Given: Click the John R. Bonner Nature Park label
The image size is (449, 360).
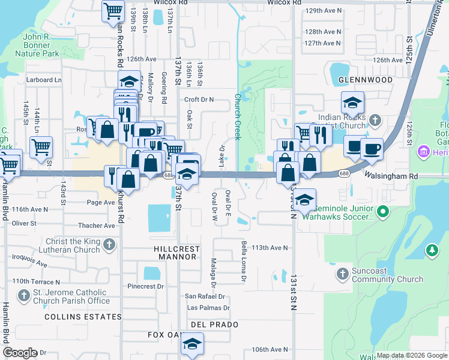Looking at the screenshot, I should click(41, 45).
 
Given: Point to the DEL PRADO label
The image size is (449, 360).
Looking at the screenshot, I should click(214, 325).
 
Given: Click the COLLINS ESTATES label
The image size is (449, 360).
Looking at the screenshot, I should click(83, 316).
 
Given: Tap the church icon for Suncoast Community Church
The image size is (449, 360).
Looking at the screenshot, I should click(342, 274).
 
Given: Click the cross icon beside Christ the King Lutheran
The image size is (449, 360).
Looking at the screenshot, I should click(109, 244).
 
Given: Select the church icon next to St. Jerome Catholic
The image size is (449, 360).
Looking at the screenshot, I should click(23, 296).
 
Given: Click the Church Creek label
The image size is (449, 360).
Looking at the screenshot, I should click(237, 116).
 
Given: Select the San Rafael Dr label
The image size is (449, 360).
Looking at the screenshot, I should click(205, 296).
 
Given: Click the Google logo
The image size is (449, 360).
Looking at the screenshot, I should click(20, 352).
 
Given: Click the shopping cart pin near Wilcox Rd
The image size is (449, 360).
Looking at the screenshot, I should click(113, 11).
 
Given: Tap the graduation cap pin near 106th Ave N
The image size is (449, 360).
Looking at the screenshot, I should click(192, 344).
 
